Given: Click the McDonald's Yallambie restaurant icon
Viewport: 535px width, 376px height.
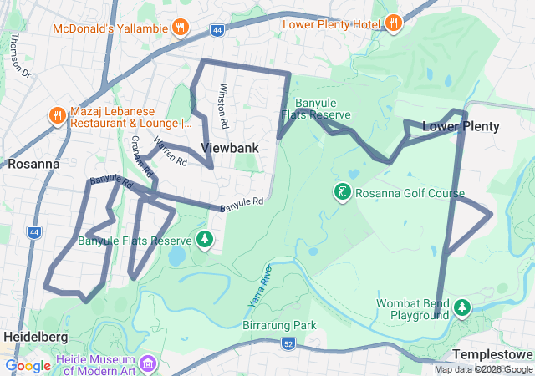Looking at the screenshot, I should tap(180, 28).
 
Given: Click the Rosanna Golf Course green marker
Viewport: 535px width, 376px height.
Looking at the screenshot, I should tap(343, 193).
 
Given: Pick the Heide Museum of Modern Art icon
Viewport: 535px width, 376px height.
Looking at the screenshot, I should tap(149, 363).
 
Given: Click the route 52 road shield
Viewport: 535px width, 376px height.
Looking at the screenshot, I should tap(288, 343).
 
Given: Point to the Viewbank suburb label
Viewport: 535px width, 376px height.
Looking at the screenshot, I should tap(230, 148).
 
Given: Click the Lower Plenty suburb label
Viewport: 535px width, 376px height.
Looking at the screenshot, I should tap(461, 127).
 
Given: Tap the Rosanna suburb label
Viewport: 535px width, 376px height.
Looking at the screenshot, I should tap(33, 164).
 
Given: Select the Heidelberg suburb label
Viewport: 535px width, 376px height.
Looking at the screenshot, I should tap(35, 336).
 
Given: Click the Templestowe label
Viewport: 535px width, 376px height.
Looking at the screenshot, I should tap(493, 354).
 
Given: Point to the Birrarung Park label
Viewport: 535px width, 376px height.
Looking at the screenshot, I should tap(279, 324).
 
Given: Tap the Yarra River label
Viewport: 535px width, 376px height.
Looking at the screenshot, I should tap(260, 284).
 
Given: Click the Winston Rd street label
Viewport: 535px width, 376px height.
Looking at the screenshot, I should tap(223, 105).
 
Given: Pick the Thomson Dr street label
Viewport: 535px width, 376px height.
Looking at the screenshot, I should tap(18, 58).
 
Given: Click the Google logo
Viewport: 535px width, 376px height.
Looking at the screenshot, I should tap(28, 365).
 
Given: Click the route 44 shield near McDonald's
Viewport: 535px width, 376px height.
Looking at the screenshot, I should tap(217, 30).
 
